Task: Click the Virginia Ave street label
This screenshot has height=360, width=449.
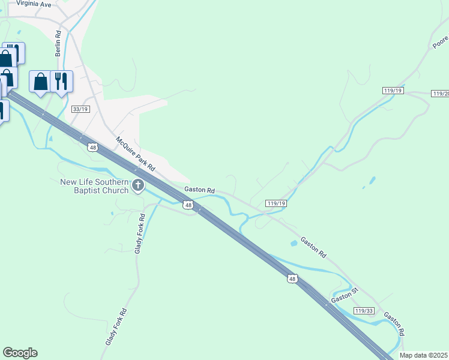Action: pyautogui.click(x=34, y=4)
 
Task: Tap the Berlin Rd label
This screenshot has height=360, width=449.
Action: pyautogui.click(x=58, y=44)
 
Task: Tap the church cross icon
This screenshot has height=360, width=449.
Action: pyautogui.click(x=138, y=186)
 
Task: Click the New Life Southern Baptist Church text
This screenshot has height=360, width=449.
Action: pyautogui.click(x=94, y=186)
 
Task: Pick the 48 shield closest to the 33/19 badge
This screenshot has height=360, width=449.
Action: pyautogui.click(x=92, y=147)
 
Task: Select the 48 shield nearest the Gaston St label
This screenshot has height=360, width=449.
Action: pyautogui.click(x=292, y=279)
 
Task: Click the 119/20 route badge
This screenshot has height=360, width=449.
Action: pyautogui.click(x=440, y=94)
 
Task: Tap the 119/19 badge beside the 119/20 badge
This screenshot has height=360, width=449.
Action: pyautogui.click(x=393, y=90)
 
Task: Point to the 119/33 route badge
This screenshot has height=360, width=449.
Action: pyautogui.click(x=363, y=310)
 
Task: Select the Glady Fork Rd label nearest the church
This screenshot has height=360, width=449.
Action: pyautogui.click(x=139, y=232)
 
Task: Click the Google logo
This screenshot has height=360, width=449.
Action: pyautogui.click(x=20, y=353)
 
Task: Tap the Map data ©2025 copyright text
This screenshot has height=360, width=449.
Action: pyautogui.click(x=424, y=355)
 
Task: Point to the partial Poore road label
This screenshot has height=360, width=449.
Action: pyautogui.click(x=441, y=41)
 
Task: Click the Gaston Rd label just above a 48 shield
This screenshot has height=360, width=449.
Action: pyautogui.click(x=199, y=190)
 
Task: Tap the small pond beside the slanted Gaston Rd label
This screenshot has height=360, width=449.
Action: pyautogui.click(x=293, y=243)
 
